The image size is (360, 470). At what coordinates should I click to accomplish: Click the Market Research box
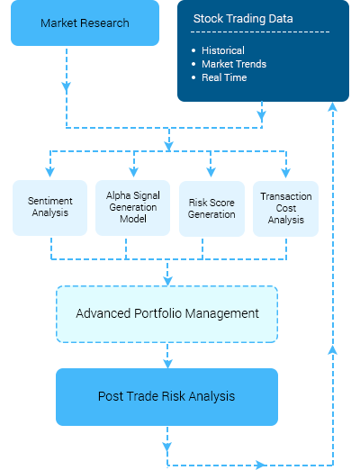[x=85, y=23]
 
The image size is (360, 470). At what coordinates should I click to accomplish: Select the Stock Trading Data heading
[x=244, y=18]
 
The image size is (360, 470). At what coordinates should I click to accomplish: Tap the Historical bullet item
[x=223, y=50]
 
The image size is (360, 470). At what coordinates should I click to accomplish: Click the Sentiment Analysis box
[x=49, y=208]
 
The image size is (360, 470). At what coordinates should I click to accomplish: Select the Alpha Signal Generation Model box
[x=132, y=208]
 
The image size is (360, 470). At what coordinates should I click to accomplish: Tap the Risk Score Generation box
[x=211, y=208]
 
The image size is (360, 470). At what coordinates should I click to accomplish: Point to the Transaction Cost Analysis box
[x=285, y=208]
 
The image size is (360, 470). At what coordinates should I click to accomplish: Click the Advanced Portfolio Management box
[x=167, y=314]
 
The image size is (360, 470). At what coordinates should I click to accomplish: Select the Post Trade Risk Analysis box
[x=167, y=396]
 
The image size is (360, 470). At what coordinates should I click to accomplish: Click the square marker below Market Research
[x=66, y=87]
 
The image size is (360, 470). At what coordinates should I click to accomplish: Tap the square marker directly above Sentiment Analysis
[x=49, y=172]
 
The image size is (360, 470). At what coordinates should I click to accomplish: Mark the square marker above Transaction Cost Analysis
[x=285, y=173]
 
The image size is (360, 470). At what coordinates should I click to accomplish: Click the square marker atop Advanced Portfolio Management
[x=167, y=280]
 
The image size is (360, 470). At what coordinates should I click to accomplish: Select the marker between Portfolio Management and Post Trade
[x=167, y=364]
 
